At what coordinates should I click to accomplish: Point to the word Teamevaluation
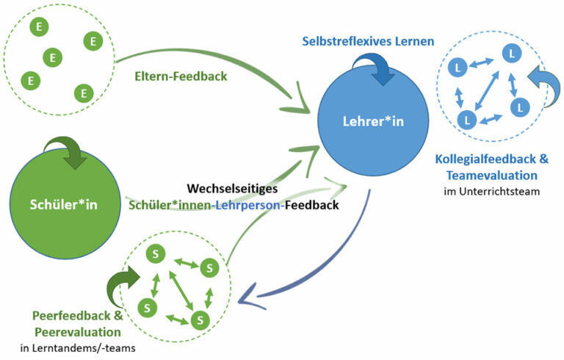coord(486,176)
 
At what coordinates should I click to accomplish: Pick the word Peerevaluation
coord(79,332)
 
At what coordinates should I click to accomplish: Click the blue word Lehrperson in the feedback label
coord(252,206)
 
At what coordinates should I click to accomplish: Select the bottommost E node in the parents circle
coord(84,93)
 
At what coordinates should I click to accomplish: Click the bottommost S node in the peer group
coord(197,320)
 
